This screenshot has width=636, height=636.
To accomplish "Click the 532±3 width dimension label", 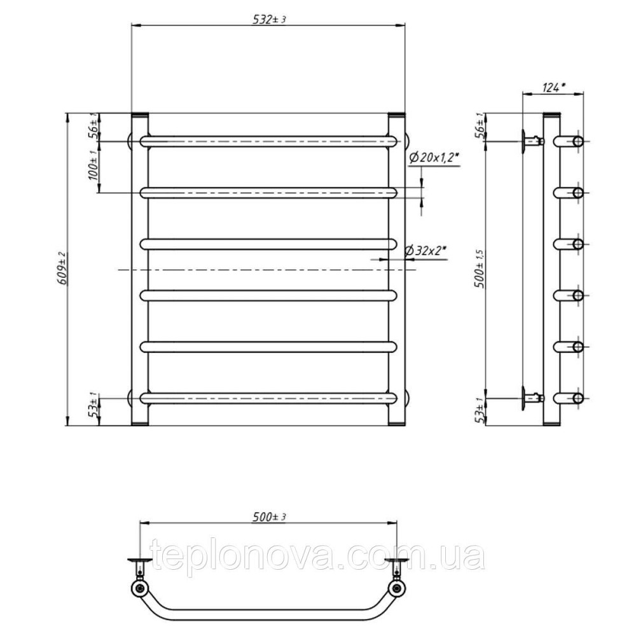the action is (269, 20).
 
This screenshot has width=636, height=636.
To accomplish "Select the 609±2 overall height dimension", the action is (63, 268).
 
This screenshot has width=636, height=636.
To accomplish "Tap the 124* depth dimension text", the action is (553, 87).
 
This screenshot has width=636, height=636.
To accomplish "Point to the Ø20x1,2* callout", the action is (436, 158).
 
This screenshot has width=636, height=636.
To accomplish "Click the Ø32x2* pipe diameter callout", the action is (425, 251).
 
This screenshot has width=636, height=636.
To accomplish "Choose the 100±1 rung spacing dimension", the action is (93, 165).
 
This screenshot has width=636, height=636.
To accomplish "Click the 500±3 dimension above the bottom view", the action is (269, 517).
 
